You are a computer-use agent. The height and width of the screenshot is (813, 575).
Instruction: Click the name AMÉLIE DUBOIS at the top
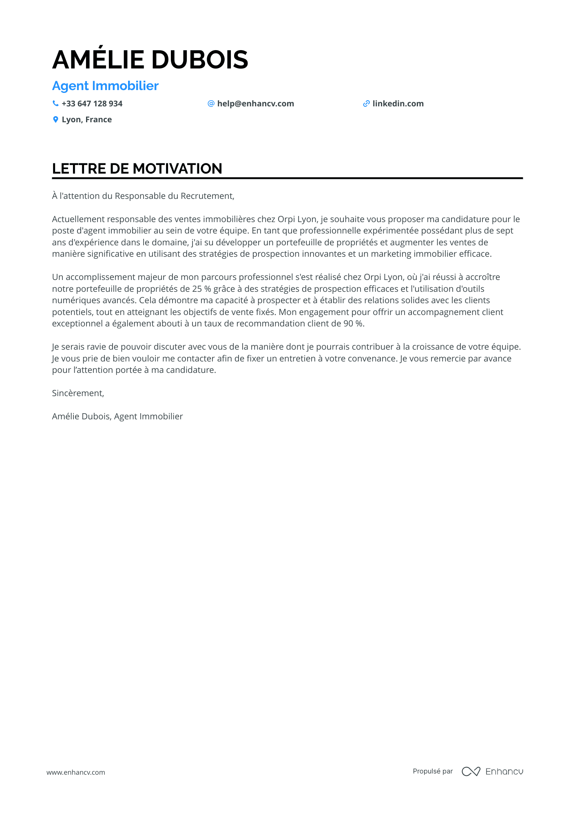tap(150, 59)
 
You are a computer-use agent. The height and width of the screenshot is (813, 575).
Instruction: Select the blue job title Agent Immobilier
tap(105, 86)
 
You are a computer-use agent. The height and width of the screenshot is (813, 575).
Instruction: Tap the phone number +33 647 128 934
tap(92, 104)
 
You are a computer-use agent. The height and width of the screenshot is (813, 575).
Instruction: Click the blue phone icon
tap(55, 104)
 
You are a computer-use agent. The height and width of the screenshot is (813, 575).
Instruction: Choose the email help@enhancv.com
tap(255, 104)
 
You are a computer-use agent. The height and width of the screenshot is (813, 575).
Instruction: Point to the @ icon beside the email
tap(211, 104)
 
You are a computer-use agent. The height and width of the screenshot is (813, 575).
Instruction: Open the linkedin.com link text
tap(398, 104)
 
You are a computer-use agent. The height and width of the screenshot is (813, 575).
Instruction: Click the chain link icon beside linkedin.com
tap(366, 104)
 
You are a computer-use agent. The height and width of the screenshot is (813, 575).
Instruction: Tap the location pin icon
tap(55, 119)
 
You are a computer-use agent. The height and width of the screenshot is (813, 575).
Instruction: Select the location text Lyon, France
tap(87, 119)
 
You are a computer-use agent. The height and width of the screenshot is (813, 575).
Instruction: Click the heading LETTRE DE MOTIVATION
tap(137, 169)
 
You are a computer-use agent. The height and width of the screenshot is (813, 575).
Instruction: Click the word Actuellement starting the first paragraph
tap(78, 219)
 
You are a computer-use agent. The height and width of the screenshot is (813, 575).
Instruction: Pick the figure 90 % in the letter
tap(353, 324)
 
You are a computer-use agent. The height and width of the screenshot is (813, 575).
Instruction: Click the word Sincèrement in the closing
tap(77, 393)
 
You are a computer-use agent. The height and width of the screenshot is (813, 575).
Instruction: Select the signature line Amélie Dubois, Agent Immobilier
tap(117, 416)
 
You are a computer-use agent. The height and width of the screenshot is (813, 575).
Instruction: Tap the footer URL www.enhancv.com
tap(76, 772)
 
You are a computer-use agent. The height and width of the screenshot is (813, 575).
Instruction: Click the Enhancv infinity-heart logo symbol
tap(471, 771)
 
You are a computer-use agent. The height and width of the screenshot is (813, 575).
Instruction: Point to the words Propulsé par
tap(433, 771)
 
